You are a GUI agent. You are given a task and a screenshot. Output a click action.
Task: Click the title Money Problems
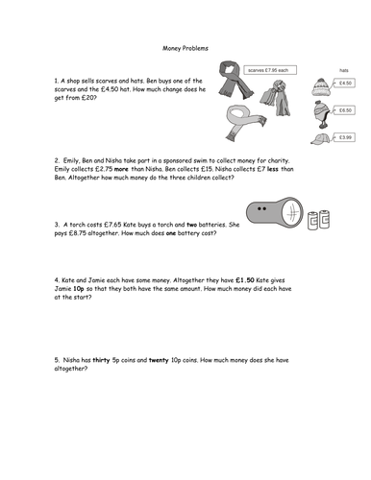[185, 48]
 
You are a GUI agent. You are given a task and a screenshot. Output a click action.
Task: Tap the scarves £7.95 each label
[270, 70]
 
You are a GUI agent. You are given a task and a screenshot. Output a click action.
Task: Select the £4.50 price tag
[344, 84]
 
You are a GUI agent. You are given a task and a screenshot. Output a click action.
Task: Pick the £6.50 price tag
[344, 110]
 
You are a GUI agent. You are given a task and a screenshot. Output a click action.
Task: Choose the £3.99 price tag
[344, 137]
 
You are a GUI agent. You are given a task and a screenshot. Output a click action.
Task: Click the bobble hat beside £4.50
[321, 87]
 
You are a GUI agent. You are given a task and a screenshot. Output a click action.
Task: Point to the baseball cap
[320, 139]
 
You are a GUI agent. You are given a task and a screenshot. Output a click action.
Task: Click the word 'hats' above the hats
[344, 70]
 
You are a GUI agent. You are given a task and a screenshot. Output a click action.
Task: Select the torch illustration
[275, 212]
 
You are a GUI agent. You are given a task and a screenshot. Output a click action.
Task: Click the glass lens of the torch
[292, 212]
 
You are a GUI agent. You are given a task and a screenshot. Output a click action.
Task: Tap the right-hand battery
[324, 219]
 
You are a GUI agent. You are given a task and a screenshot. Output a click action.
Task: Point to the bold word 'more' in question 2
[121, 169]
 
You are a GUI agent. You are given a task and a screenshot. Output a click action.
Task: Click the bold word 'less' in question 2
[273, 169]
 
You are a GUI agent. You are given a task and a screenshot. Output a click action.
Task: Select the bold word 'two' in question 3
[191, 225]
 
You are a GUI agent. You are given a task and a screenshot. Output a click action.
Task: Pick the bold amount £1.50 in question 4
[245, 280]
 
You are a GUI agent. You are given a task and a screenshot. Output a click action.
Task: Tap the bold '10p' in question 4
[79, 289]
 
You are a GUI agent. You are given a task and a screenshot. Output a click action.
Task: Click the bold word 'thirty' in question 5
[101, 360]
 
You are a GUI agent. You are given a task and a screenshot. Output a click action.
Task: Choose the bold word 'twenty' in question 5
[159, 360]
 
